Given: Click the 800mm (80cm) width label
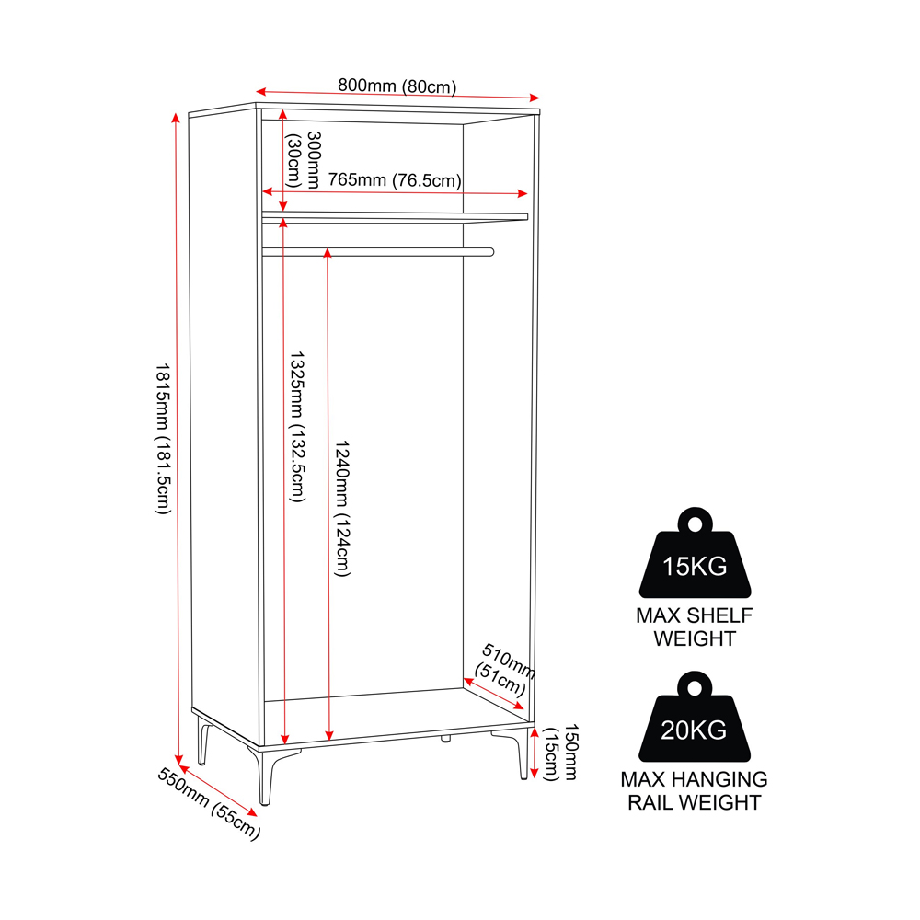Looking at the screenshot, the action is [x=397, y=86].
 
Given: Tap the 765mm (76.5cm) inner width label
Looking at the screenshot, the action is [x=395, y=179].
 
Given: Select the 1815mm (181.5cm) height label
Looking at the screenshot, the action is [x=163, y=439].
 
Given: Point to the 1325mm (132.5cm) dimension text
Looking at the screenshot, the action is [x=297, y=427].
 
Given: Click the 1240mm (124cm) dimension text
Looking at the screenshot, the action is [x=342, y=508].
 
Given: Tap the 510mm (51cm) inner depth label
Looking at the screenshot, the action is [x=504, y=669].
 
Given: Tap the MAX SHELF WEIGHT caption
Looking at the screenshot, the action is [x=694, y=627].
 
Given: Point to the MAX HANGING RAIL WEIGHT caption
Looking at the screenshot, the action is [x=694, y=790].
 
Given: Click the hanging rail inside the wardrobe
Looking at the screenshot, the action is [x=378, y=252].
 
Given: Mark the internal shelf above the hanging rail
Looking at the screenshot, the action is [x=395, y=217].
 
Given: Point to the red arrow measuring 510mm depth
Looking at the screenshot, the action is [x=493, y=694].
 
